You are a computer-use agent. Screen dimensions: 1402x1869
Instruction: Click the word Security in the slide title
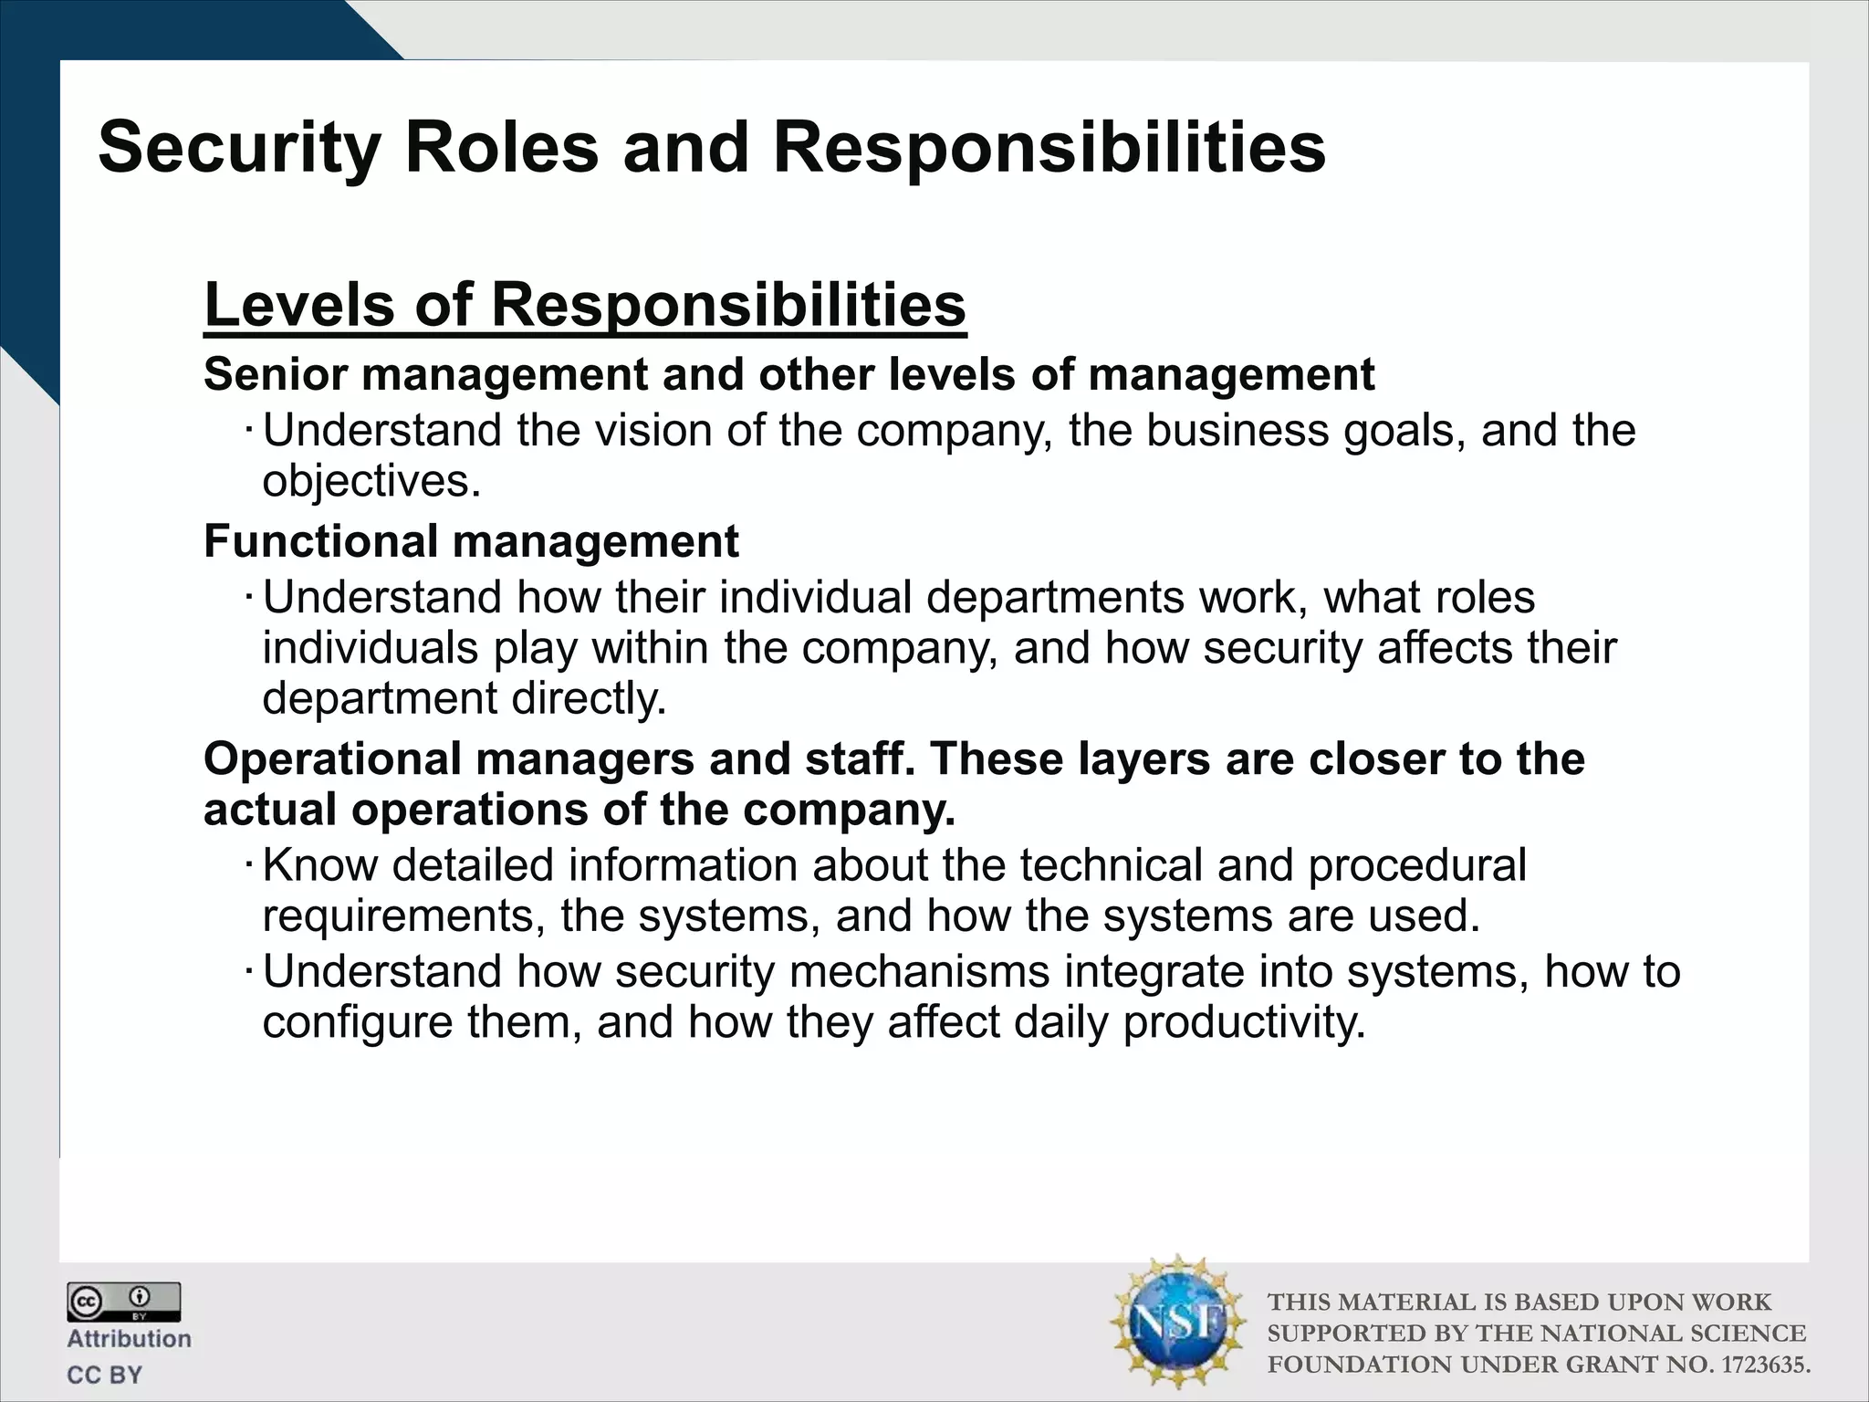click(239, 148)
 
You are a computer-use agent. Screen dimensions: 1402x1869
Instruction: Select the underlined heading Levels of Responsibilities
click(585, 305)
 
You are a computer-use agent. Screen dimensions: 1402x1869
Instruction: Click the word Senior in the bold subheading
click(276, 374)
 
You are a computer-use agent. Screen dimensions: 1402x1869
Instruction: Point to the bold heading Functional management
click(471, 541)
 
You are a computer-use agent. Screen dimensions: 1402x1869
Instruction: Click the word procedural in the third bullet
click(1416, 865)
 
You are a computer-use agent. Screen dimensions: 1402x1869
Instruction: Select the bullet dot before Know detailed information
click(248, 863)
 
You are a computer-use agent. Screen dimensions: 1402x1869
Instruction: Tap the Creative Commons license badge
click(123, 1302)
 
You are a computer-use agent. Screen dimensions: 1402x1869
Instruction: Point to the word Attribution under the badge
click(129, 1339)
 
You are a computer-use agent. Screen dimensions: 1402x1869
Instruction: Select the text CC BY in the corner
click(105, 1375)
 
